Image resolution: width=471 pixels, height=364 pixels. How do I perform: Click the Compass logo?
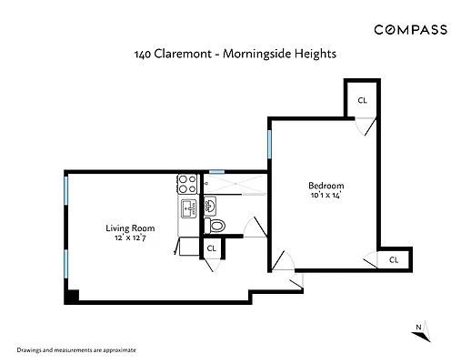point(410,29)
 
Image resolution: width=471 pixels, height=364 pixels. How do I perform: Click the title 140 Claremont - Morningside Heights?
point(235,54)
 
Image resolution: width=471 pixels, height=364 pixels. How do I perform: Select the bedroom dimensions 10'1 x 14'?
point(324,194)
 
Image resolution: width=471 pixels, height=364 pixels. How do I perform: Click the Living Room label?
point(130,227)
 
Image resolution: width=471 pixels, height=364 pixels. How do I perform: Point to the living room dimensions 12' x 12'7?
point(130,238)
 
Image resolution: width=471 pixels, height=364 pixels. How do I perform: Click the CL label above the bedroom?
point(362,100)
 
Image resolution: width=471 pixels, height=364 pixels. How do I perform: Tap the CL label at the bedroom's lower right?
point(393,259)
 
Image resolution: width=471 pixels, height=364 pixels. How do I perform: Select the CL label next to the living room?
point(211,248)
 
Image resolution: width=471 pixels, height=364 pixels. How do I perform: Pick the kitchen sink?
point(188,207)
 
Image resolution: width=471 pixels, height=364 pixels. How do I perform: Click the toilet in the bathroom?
point(215,225)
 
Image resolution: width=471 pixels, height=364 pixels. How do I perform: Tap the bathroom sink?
point(208,205)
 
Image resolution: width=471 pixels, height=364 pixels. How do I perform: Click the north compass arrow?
point(425,334)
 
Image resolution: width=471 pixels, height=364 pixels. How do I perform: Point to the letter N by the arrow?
point(416,327)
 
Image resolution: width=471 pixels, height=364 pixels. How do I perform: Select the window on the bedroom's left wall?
point(269,144)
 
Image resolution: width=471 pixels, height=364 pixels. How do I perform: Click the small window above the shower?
point(216,171)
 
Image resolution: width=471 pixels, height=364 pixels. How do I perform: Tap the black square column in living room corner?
point(72,296)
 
